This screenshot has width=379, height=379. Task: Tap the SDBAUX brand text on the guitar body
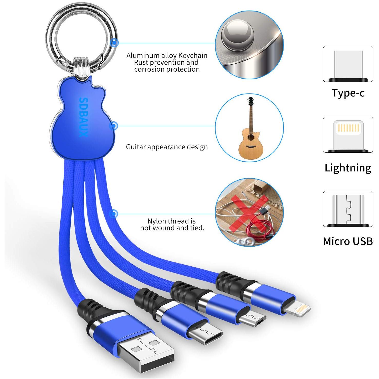(x=84, y=117)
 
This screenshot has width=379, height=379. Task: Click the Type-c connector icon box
(x=348, y=64)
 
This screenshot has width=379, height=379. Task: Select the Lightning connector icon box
(x=348, y=135)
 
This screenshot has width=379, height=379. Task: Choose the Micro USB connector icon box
(x=348, y=209)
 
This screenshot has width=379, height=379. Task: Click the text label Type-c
(x=348, y=93)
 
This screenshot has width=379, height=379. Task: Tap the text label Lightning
(x=348, y=168)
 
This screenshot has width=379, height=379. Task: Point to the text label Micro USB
(x=348, y=241)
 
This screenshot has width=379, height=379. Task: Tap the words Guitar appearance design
(x=167, y=147)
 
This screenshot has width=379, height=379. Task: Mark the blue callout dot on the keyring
(x=114, y=42)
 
